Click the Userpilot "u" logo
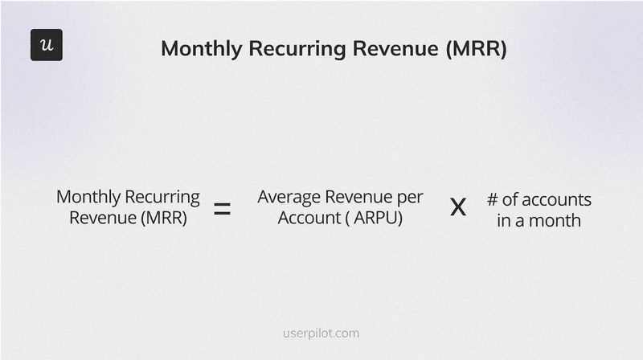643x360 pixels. coord(46,45)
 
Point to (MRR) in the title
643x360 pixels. coord(476,48)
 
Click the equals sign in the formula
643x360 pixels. coord(222,210)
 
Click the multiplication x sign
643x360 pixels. coord(457,208)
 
